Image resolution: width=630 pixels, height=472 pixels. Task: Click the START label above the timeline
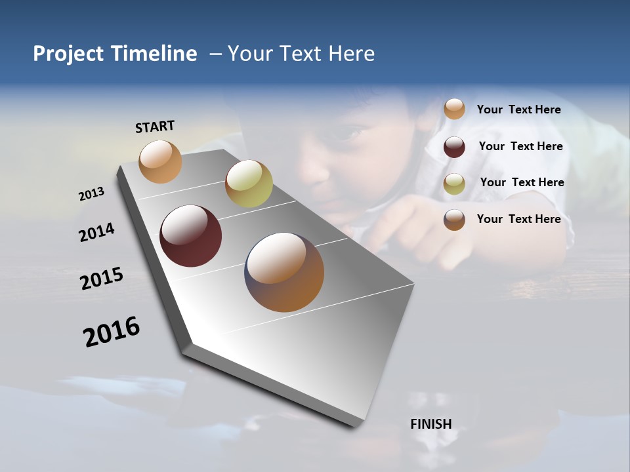click(x=155, y=127)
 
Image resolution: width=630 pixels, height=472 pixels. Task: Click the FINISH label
click(x=431, y=424)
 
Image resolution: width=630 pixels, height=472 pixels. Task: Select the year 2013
click(x=92, y=194)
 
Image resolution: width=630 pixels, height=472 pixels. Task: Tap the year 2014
click(x=97, y=233)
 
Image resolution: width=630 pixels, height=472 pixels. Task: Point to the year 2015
click(x=102, y=279)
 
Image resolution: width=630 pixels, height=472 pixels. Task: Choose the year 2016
click(x=112, y=331)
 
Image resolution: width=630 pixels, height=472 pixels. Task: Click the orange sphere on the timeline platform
click(x=160, y=161)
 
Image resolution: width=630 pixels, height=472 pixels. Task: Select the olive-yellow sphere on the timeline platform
click(x=249, y=184)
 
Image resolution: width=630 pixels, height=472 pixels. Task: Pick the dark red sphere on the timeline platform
click(x=190, y=236)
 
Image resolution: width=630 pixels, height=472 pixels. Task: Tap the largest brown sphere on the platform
click(x=284, y=272)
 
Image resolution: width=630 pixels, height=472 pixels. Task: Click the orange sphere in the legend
click(x=454, y=109)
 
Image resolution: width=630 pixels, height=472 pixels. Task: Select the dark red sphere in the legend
click(x=454, y=147)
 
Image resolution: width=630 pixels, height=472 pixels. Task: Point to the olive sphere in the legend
click(x=454, y=184)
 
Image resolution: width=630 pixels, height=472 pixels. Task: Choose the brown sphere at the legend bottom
click(x=454, y=220)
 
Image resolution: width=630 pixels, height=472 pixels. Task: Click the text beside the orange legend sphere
click(x=518, y=109)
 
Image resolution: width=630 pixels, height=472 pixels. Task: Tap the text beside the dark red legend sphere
click(x=520, y=146)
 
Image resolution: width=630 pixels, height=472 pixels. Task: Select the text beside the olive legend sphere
click(x=522, y=182)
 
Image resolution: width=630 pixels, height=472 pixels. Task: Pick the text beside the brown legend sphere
click(x=518, y=219)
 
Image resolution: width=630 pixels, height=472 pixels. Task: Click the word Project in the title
click(x=68, y=54)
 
